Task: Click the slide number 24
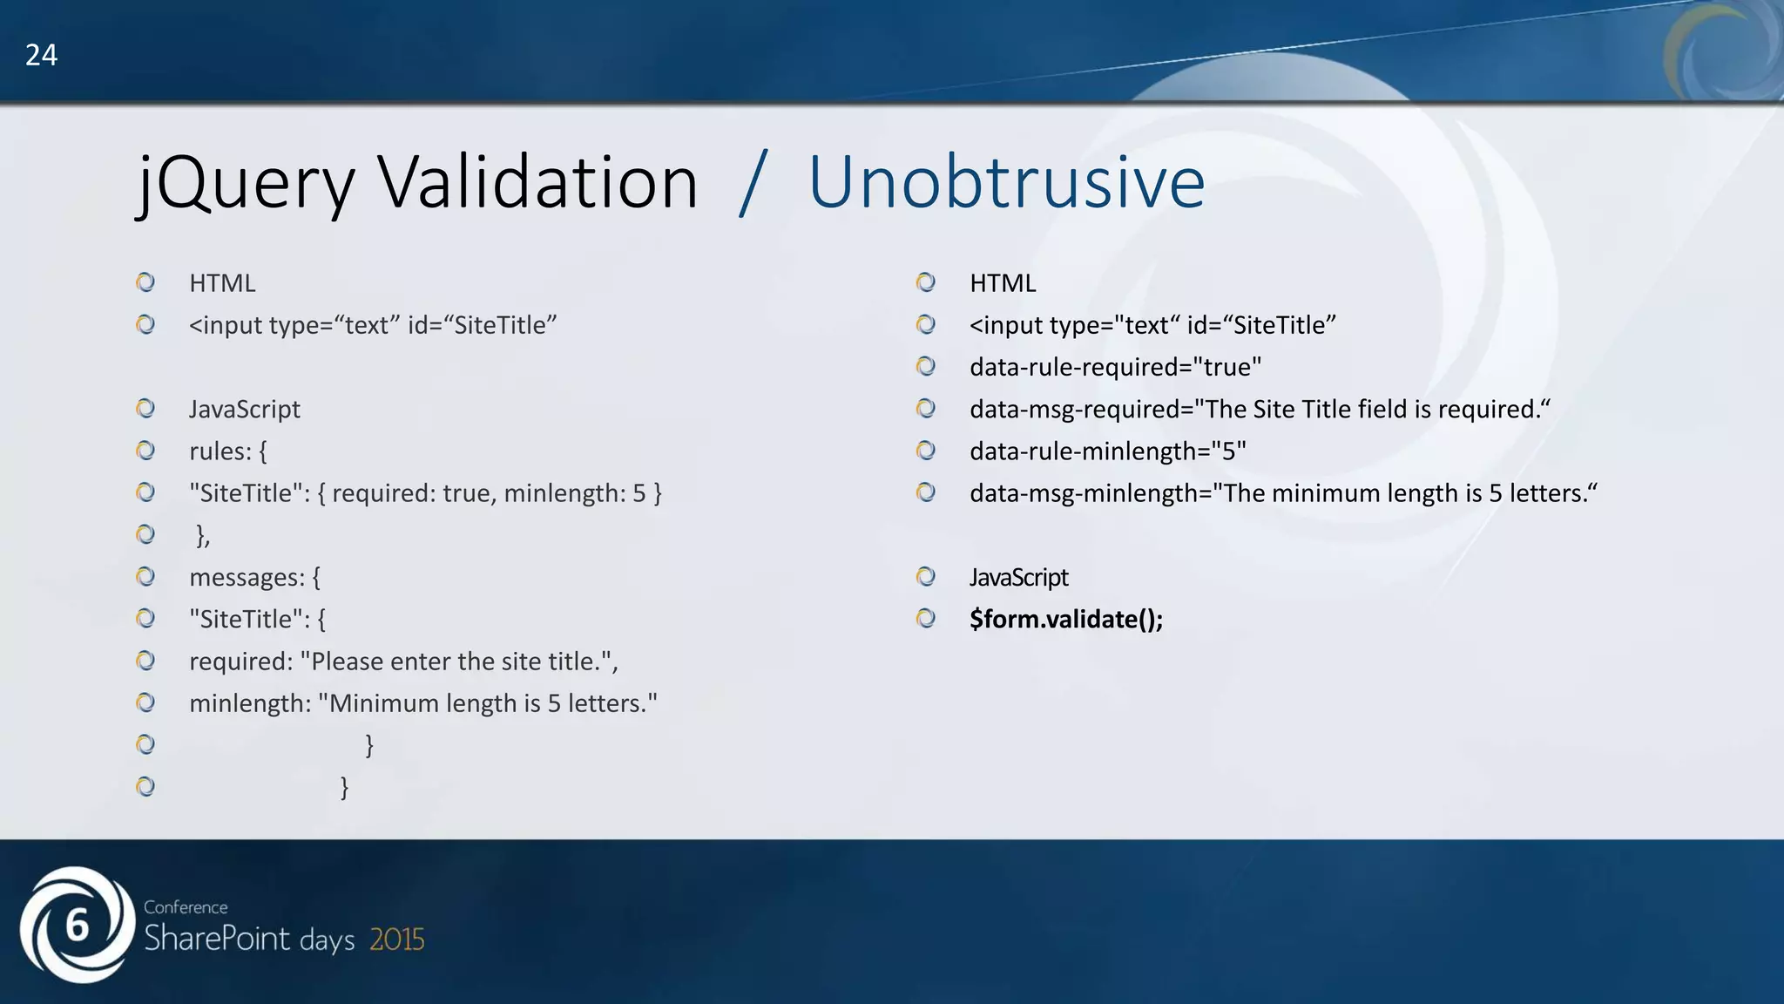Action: tap(41, 55)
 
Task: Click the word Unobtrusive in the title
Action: tap(1006, 183)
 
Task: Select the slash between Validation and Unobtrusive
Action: tap(753, 183)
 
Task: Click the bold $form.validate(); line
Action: tap(1066, 619)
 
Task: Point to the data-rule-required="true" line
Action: tap(1115, 367)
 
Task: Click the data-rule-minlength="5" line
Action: tap(1107, 451)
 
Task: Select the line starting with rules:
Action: tap(228, 451)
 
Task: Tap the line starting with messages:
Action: tap(254, 577)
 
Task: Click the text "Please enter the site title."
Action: tap(458, 661)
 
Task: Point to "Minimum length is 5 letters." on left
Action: tap(488, 703)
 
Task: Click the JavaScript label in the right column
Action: tap(1018, 577)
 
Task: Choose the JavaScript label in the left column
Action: tap(244, 409)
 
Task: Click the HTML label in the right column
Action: tap(1003, 283)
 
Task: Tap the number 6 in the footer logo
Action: tap(78, 926)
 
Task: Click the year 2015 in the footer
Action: tap(397, 940)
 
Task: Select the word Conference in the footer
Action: tap(186, 907)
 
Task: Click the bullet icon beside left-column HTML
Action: tap(145, 282)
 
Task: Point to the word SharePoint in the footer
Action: tap(216, 939)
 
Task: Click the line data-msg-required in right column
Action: tap(1260, 409)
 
